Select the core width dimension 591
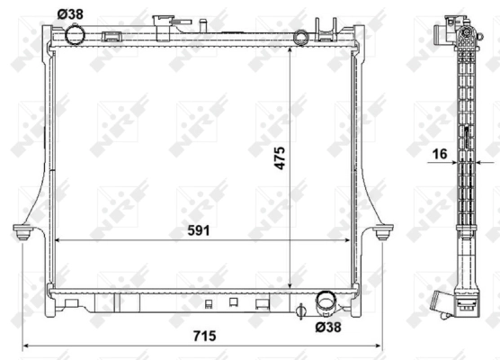198,230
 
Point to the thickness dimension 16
440,154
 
